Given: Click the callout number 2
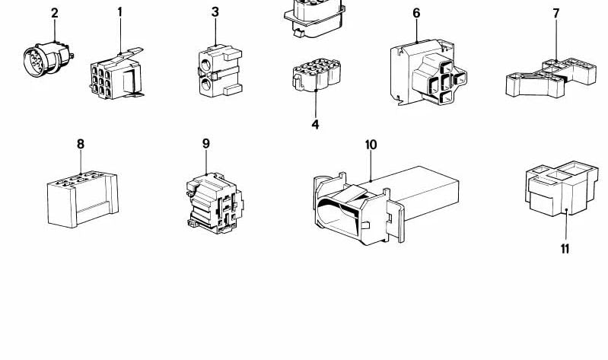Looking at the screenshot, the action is [x=55, y=13].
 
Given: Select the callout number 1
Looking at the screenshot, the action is [x=120, y=12].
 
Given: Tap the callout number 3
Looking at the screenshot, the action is [x=215, y=12].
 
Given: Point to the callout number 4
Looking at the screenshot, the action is [x=315, y=125].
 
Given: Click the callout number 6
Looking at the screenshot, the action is [x=416, y=13].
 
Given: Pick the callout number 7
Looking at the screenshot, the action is [x=556, y=14].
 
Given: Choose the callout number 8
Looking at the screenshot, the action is [x=81, y=145].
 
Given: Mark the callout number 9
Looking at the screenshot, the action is [x=206, y=144].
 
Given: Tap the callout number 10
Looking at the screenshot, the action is [x=371, y=145].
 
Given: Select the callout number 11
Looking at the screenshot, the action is [x=565, y=249].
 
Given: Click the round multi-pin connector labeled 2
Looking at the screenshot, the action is [x=48, y=59].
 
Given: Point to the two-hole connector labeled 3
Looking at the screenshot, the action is [x=220, y=71].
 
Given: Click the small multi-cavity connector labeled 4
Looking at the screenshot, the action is [x=317, y=75].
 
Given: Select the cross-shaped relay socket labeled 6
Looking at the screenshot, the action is [x=428, y=72].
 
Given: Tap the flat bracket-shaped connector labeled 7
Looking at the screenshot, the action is [x=551, y=78].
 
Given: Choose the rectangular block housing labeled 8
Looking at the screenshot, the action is [x=83, y=199].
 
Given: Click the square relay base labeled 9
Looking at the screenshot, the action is [x=215, y=203].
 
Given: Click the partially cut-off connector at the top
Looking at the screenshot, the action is [x=314, y=18].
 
